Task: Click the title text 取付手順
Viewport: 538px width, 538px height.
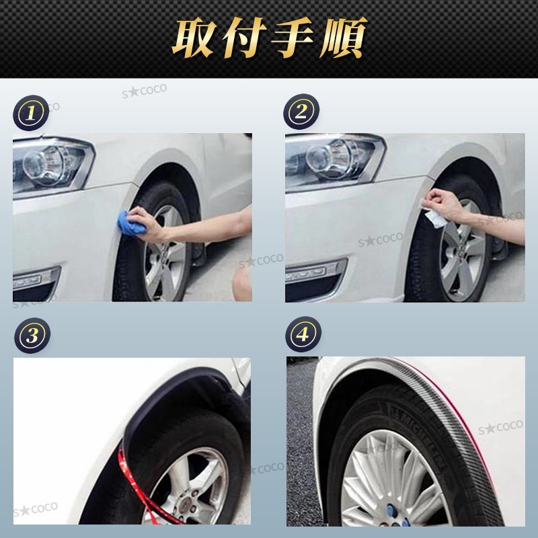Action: [x=269, y=38]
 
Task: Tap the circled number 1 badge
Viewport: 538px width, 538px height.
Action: [x=30, y=112]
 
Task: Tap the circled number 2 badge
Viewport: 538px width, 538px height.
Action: [x=301, y=112]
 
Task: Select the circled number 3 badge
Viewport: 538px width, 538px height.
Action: [x=31, y=334]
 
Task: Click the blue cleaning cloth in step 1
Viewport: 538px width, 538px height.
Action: [x=132, y=223]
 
